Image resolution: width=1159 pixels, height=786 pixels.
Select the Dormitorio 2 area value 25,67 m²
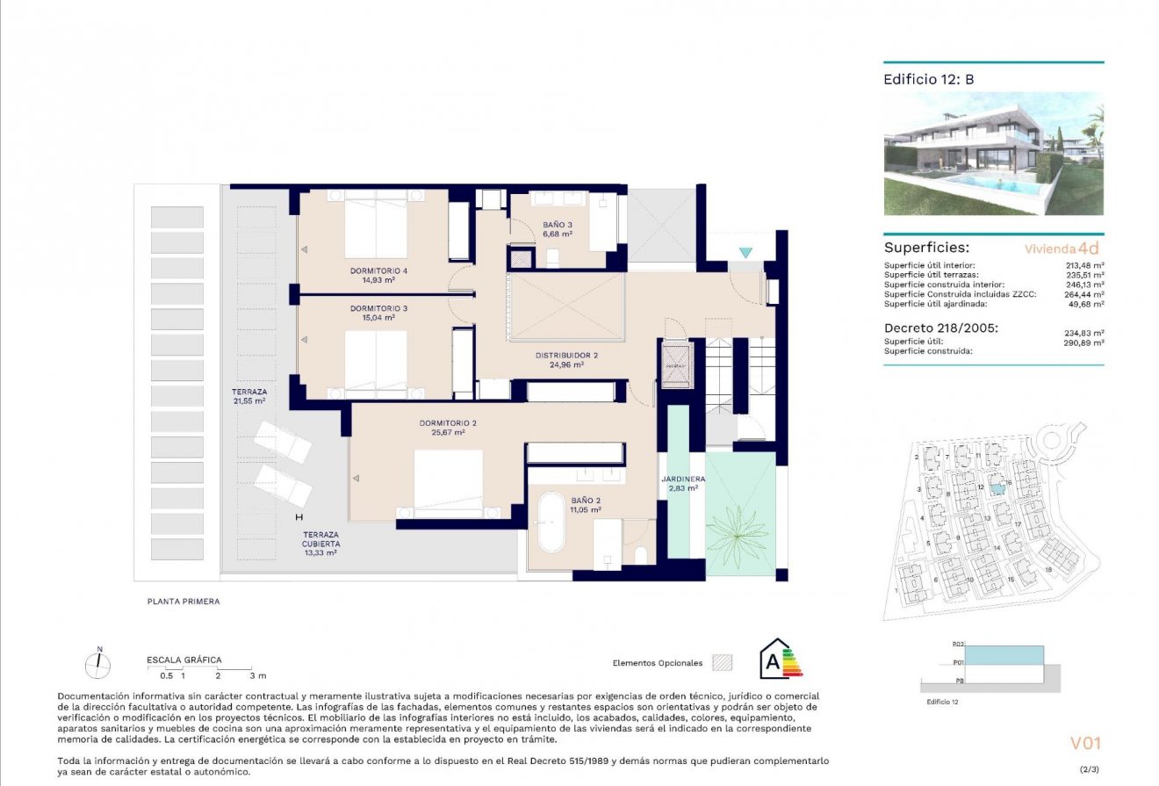(448, 433)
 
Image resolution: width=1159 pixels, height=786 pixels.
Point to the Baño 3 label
(558, 225)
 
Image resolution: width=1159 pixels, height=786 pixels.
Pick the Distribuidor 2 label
(566, 356)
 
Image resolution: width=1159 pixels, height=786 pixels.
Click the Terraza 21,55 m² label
(249, 395)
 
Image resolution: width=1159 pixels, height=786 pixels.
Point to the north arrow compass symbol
(98, 665)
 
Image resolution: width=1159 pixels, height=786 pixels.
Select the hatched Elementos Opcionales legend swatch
(722, 662)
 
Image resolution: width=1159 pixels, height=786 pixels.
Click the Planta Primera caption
(184, 602)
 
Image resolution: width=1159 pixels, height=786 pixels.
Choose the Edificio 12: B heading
(929, 79)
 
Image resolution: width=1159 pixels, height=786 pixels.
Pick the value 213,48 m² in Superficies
(1085, 265)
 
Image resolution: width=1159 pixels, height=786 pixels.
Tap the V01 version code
(1084, 743)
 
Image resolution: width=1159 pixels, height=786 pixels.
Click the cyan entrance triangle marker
(745, 253)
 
